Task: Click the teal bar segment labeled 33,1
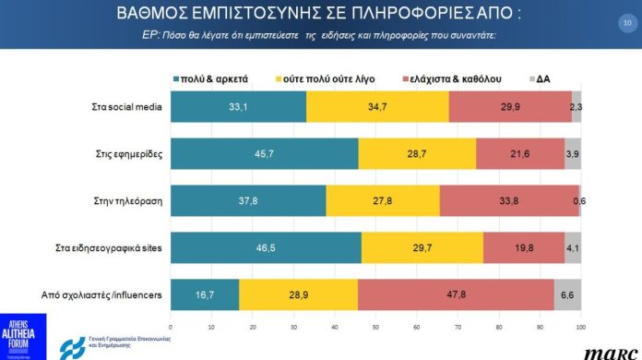point(238,107)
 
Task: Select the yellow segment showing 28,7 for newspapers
point(417,153)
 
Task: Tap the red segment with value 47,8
point(456,294)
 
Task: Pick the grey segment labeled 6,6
point(567,294)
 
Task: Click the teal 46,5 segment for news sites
point(266,247)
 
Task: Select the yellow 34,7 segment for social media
point(378,107)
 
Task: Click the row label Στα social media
point(127,107)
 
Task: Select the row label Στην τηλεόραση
point(131,200)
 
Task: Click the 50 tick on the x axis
point(375,326)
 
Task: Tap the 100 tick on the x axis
point(580,326)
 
